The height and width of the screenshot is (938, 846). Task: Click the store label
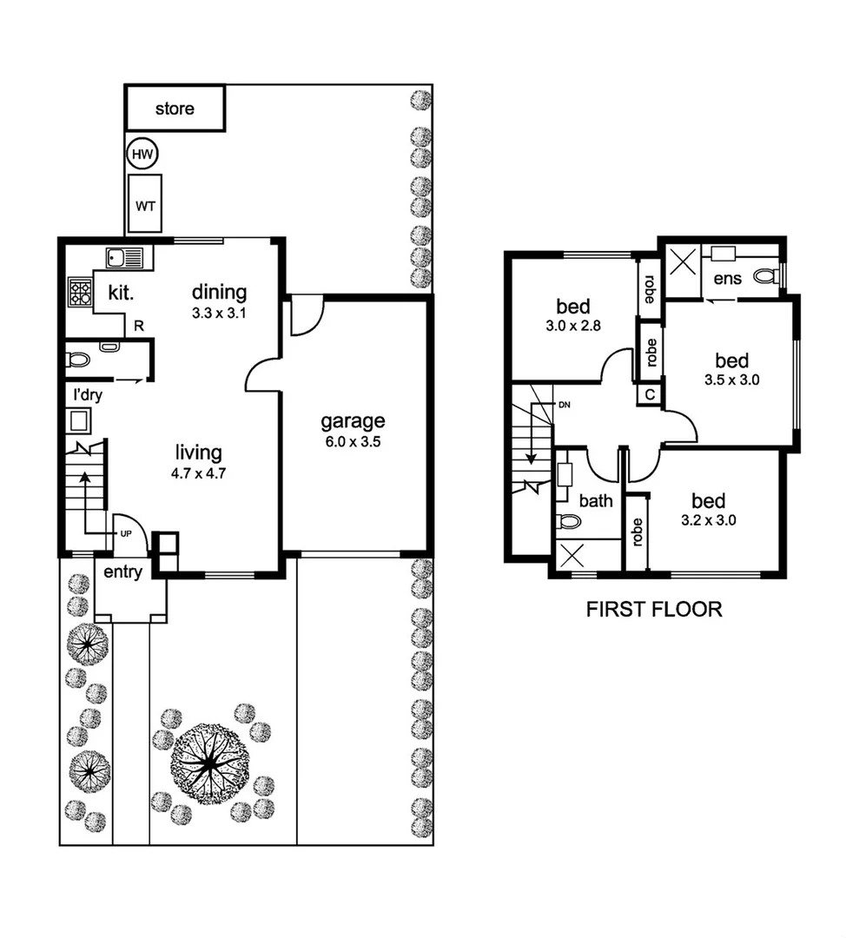tap(175, 109)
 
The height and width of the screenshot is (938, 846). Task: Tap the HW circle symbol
tap(142, 155)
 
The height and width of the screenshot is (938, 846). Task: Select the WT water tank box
tap(145, 206)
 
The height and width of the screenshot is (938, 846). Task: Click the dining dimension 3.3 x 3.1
tap(220, 314)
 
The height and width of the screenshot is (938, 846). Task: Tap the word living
tap(199, 452)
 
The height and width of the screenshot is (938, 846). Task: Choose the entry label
tap(123, 572)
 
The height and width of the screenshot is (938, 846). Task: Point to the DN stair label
tap(564, 406)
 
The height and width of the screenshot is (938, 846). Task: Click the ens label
tap(728, 279)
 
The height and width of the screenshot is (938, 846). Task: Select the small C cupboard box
tap(649, 394)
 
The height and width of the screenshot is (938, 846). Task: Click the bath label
tap(595, 500)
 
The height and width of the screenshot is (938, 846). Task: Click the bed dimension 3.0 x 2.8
tap(573, 327)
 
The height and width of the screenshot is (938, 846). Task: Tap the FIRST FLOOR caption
tap(654, 609)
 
